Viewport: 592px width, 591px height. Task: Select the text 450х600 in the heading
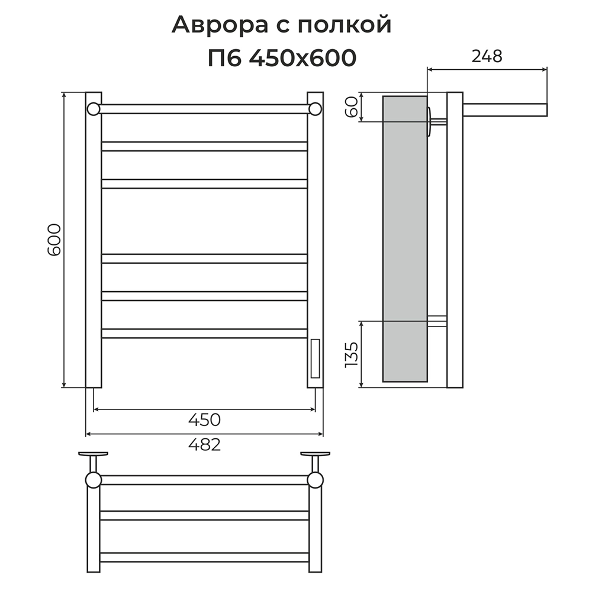303,58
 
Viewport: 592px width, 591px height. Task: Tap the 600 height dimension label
54,239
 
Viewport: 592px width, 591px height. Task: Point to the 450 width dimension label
204,419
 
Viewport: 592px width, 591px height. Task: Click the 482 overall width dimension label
204,444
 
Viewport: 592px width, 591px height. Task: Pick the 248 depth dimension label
487,56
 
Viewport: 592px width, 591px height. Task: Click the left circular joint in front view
93,109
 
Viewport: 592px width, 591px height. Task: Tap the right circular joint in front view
316,109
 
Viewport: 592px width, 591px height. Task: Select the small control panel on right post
315,358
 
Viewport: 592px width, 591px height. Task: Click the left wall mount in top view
93,455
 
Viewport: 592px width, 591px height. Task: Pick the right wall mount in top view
316,455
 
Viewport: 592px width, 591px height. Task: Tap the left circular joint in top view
94,479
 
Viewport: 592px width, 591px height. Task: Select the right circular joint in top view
316,479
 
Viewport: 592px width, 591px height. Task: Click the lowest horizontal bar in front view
204,333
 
